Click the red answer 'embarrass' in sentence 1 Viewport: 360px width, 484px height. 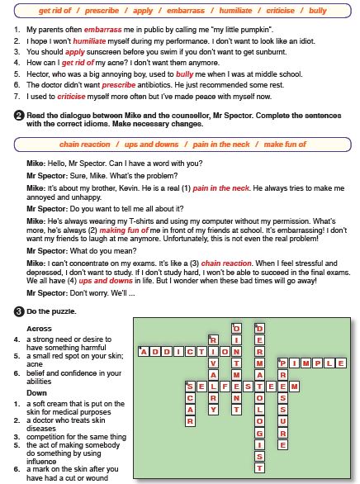coord(102,30)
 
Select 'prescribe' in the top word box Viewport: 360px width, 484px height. coord(102,11)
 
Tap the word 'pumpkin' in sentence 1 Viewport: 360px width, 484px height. coord(257,30)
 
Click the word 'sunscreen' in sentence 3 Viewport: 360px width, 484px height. coord(104,52)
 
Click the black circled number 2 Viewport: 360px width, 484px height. coord(19,116)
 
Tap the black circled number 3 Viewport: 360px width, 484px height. coord(19,311)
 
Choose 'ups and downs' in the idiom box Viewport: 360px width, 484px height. coord(151,145)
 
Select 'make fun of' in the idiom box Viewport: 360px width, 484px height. coord(285,145)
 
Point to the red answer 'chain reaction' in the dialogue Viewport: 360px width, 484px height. coord(226,263)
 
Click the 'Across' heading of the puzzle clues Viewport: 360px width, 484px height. coord(39,329)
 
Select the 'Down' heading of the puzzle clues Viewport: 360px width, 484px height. coord(36,393)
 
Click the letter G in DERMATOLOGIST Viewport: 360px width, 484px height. coord(260,434)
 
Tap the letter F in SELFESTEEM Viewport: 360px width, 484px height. coord(225,387)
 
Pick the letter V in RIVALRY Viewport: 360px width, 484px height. coord(213,363)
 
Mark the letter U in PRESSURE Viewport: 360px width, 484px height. coord(283,422)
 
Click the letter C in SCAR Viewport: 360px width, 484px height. coord(190,398)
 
